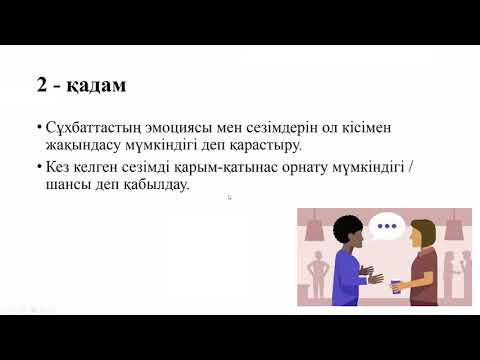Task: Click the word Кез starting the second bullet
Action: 56,167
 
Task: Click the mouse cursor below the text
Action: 229,197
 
